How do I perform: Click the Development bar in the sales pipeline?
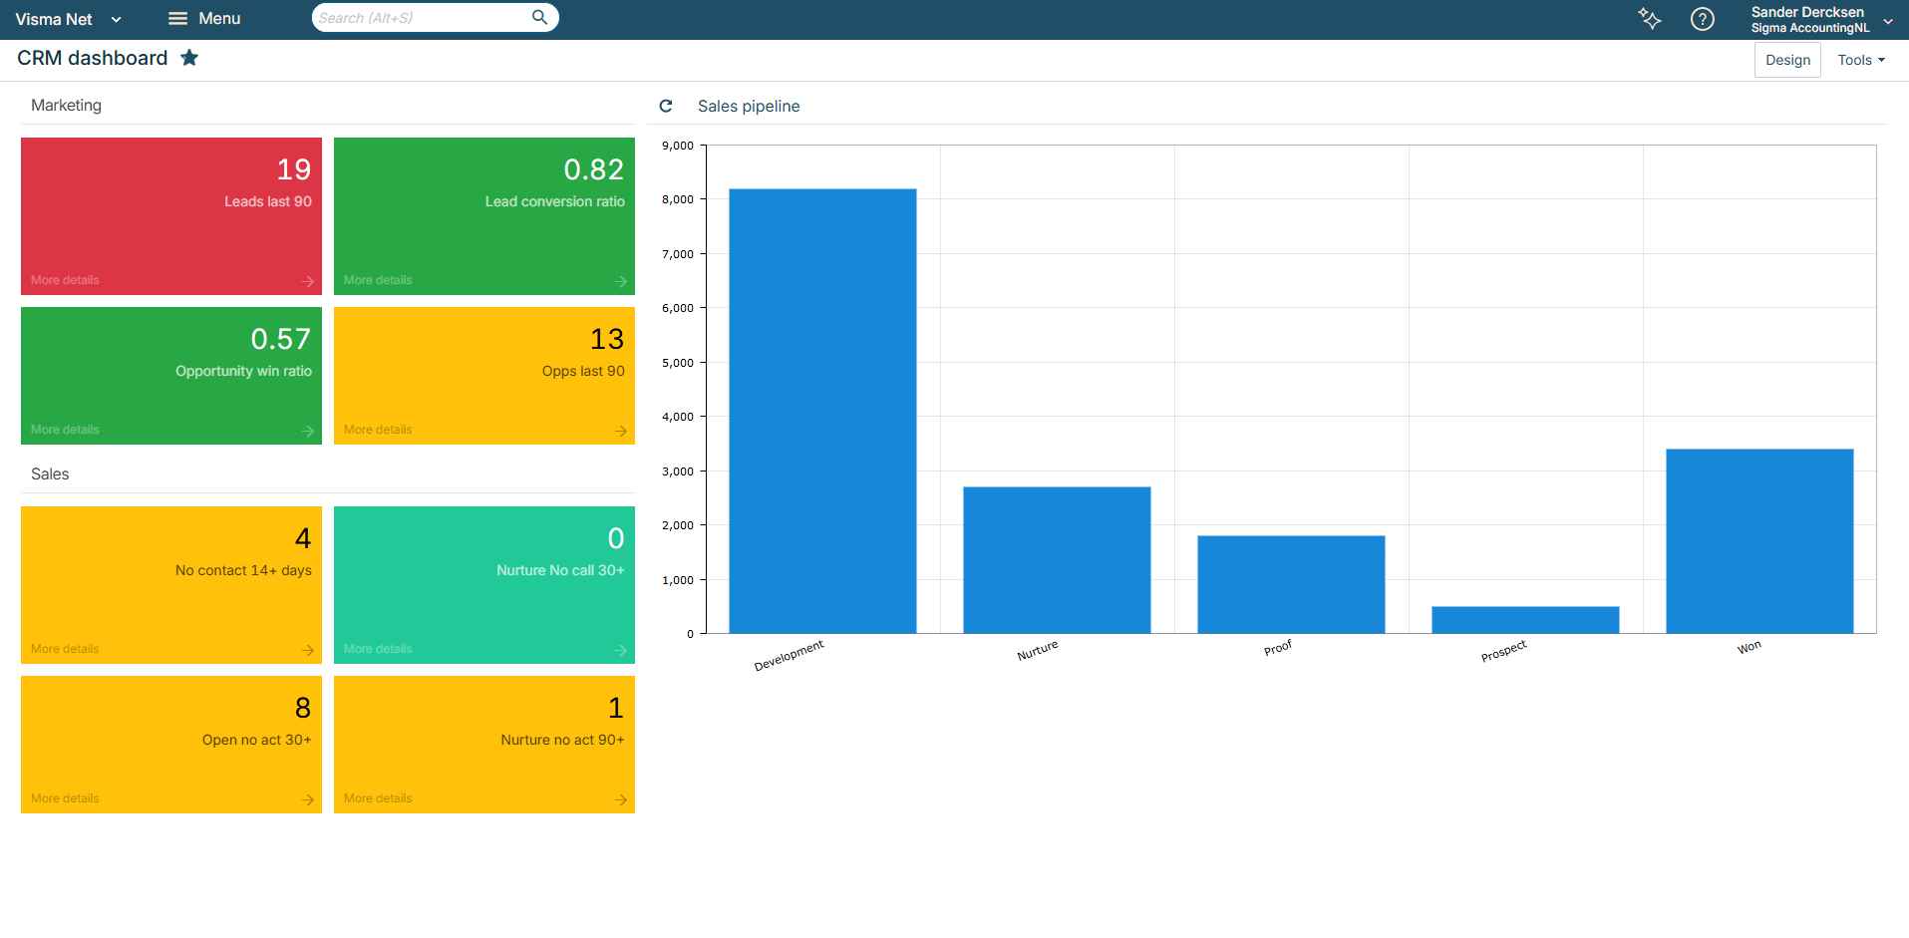[x=822, y=411]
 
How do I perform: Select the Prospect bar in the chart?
[x=1525, y=619]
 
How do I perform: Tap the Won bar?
[x=1759, y=540]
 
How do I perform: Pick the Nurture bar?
[x=1057, y=559]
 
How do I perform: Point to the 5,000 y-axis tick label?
[x=678, y=363]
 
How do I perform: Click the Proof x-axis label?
[x=1278, y=648]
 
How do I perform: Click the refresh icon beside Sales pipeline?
[x=666, y=106]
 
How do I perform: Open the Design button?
[x=1787, y=60]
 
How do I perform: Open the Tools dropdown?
[x=1861, y=60]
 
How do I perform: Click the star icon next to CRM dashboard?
[x=189, y=58]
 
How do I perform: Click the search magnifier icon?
[x=539, y=17]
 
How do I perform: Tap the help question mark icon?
[x=1703, y=19]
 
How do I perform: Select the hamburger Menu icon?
[x=177, y=18]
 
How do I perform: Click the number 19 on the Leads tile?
[x=294, y=169]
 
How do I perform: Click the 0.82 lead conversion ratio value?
[x=593, y=169]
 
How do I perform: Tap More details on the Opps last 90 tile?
[x=378, y=430]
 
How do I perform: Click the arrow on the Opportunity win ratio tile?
[x=308, y=431]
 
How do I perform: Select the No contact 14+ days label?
[x=243, y=570]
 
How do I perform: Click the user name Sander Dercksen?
[x=1807, y=12]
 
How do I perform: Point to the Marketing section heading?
[x=66, y=105]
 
